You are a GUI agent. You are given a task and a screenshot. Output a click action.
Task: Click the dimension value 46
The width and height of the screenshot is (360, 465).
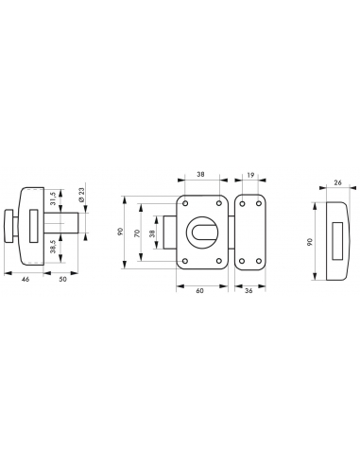click(26, 279)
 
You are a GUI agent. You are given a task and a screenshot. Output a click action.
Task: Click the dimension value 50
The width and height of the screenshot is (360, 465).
click(63, 279)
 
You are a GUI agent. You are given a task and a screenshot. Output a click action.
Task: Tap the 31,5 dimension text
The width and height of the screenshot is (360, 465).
click(53, 198)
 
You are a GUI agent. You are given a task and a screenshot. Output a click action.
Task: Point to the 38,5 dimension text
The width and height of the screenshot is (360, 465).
click(53, 247)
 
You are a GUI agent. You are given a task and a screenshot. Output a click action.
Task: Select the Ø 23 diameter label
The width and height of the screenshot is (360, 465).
click(81, 195)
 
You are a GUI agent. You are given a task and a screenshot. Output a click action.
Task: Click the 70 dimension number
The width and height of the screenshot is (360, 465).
click(137, 233)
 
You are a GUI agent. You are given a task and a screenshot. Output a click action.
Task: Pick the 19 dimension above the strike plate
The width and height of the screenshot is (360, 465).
click(250, 175)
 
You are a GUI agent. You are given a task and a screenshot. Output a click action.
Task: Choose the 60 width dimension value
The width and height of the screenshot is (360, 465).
click(199, 291)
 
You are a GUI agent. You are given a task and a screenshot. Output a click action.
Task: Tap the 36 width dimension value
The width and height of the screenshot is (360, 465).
click(249, 291)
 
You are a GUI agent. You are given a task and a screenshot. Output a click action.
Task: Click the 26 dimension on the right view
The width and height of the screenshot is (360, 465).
click(337, 182)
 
